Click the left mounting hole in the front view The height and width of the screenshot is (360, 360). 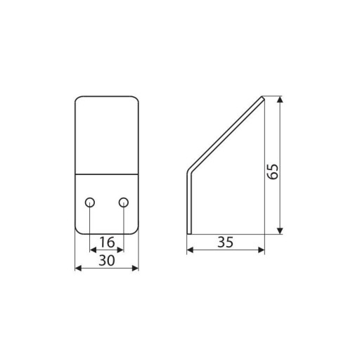pos(90,202)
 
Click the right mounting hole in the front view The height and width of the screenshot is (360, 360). pos(124,202)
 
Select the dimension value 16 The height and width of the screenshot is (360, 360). pos(107,242)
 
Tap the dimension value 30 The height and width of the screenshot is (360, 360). pos(107,260)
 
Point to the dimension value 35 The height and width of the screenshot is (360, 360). pos(226,242)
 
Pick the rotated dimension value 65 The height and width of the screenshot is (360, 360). pos(273,172)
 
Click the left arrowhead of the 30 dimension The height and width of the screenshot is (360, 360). pos(78,268)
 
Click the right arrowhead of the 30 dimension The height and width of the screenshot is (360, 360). pos(136,268)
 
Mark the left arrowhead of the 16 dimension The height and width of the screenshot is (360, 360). pos(93,250)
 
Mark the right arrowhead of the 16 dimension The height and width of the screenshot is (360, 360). pos(120,250)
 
